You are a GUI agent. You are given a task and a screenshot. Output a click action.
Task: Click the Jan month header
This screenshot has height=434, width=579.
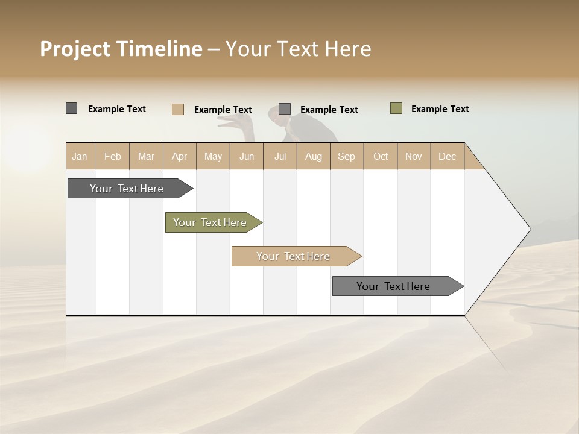(80, 156)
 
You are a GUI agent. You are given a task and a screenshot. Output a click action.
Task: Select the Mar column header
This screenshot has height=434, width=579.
(146, 156)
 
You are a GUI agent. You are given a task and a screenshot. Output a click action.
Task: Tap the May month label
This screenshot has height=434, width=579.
(213, 156)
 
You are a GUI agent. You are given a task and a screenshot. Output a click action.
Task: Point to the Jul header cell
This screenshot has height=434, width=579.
(280, 156)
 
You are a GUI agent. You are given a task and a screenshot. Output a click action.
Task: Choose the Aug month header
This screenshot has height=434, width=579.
(313, 156)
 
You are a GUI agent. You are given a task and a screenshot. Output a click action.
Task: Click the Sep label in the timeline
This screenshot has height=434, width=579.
(346, 156)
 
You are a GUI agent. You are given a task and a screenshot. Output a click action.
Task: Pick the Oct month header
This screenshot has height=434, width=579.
(381, 156)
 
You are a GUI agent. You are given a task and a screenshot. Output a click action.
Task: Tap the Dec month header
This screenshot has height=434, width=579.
(447, 156)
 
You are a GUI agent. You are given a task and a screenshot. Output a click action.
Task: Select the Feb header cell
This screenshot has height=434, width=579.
(113, 156)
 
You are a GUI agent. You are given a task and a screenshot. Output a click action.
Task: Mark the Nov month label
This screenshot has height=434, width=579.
(413, 156)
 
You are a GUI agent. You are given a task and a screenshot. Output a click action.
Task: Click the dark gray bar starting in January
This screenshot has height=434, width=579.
(127, 189)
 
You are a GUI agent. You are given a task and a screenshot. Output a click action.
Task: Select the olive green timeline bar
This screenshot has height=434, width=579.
(210, 222)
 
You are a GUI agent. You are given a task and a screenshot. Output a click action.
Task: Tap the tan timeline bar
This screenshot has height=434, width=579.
(293, 256)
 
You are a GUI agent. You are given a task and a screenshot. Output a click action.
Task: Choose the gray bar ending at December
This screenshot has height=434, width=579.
(393, 286)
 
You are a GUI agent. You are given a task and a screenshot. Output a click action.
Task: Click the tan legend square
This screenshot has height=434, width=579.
(177, 109)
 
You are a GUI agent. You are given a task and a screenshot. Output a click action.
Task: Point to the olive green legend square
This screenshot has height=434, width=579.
(396, 108)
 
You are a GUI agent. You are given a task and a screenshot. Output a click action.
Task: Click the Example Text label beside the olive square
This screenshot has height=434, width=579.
(440, 109)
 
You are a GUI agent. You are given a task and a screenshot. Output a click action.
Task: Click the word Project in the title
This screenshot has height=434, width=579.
(75, 49)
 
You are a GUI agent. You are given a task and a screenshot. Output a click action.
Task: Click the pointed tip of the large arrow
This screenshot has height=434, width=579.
(529, 229)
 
